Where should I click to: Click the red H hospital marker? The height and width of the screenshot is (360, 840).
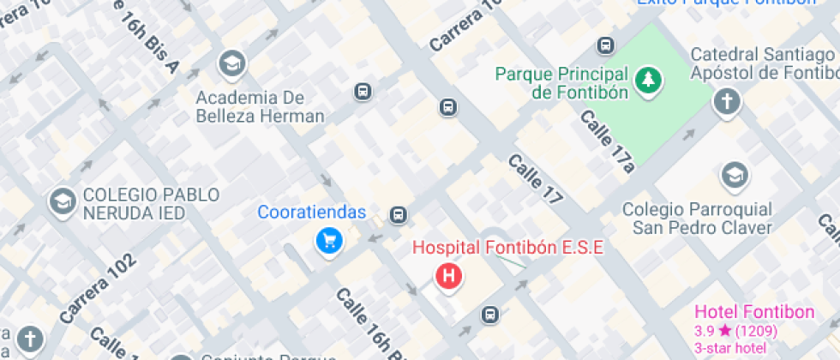tap(448, 276)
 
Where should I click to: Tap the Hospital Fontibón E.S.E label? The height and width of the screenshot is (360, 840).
tap(508, 248)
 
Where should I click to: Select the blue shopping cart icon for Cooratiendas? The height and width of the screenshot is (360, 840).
tap(328, 242)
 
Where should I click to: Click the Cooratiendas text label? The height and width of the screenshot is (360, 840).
tap(313, 213)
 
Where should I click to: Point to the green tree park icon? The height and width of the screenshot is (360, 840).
tap(648, 81)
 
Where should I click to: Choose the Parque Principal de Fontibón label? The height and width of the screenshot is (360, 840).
tap(562, 83)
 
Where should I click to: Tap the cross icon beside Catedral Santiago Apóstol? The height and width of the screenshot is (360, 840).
tap(727, 102)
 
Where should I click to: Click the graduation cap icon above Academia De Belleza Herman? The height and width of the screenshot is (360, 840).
tap(231, 63)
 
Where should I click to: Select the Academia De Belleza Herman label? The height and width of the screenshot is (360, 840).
tap(260, 106)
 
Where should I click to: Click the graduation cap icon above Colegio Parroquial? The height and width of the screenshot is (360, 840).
tap(734, 176)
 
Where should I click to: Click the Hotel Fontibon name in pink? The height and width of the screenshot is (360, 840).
tap(754, 312)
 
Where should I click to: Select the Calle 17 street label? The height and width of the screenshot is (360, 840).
tap(536, 179)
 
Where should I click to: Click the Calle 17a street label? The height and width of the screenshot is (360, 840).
tap(607, 141)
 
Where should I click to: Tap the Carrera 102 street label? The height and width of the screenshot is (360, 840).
tap(98, 289)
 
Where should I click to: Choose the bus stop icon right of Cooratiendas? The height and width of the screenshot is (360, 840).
tap(397, 214)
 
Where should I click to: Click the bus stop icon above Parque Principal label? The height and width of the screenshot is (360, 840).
tap(606, 45)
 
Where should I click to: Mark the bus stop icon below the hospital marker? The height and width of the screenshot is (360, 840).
tap(489, 315)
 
